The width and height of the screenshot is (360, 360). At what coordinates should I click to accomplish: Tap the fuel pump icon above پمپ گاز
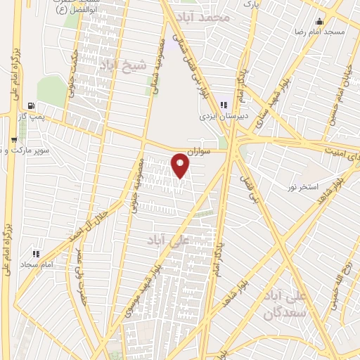pos(30,103)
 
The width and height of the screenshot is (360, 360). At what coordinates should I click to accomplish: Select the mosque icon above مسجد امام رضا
pos(321,21)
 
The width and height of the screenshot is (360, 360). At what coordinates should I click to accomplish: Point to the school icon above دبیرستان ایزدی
pos(224,105)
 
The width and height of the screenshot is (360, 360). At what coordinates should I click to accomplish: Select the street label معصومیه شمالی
pos(169,60)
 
